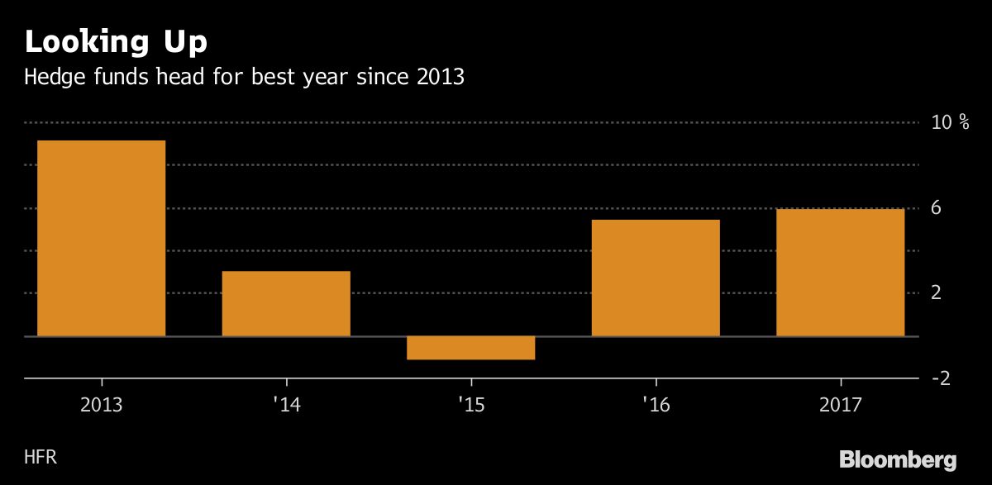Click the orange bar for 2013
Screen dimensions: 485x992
click(x=102, y=238)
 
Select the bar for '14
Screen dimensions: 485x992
click(x=286, y=303)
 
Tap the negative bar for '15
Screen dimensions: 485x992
click(x=471, y=348)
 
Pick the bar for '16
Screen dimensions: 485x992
click(x=656, y=278)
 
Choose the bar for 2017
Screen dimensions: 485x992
click(x=840, y=273)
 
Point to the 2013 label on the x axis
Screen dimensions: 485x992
click(x=102, y=406)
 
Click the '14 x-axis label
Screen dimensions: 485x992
click(x=286, y=406)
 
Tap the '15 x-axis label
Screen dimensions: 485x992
click(x=471, y=406)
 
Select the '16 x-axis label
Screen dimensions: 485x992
click(x=656, y=406)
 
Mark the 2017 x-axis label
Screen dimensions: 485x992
click(x=840, y=406)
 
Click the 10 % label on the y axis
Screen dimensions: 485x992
click(x=951, y=122)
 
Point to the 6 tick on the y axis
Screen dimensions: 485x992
click(x=937, y=208)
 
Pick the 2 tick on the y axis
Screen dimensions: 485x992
click(x=937, y=293)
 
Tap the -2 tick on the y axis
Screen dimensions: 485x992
click(x=940, y=378)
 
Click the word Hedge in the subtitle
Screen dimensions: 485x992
click(x=52, y=78)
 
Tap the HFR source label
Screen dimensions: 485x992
click(x=41, y=457)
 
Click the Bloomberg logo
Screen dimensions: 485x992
click(x=899, y=459)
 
